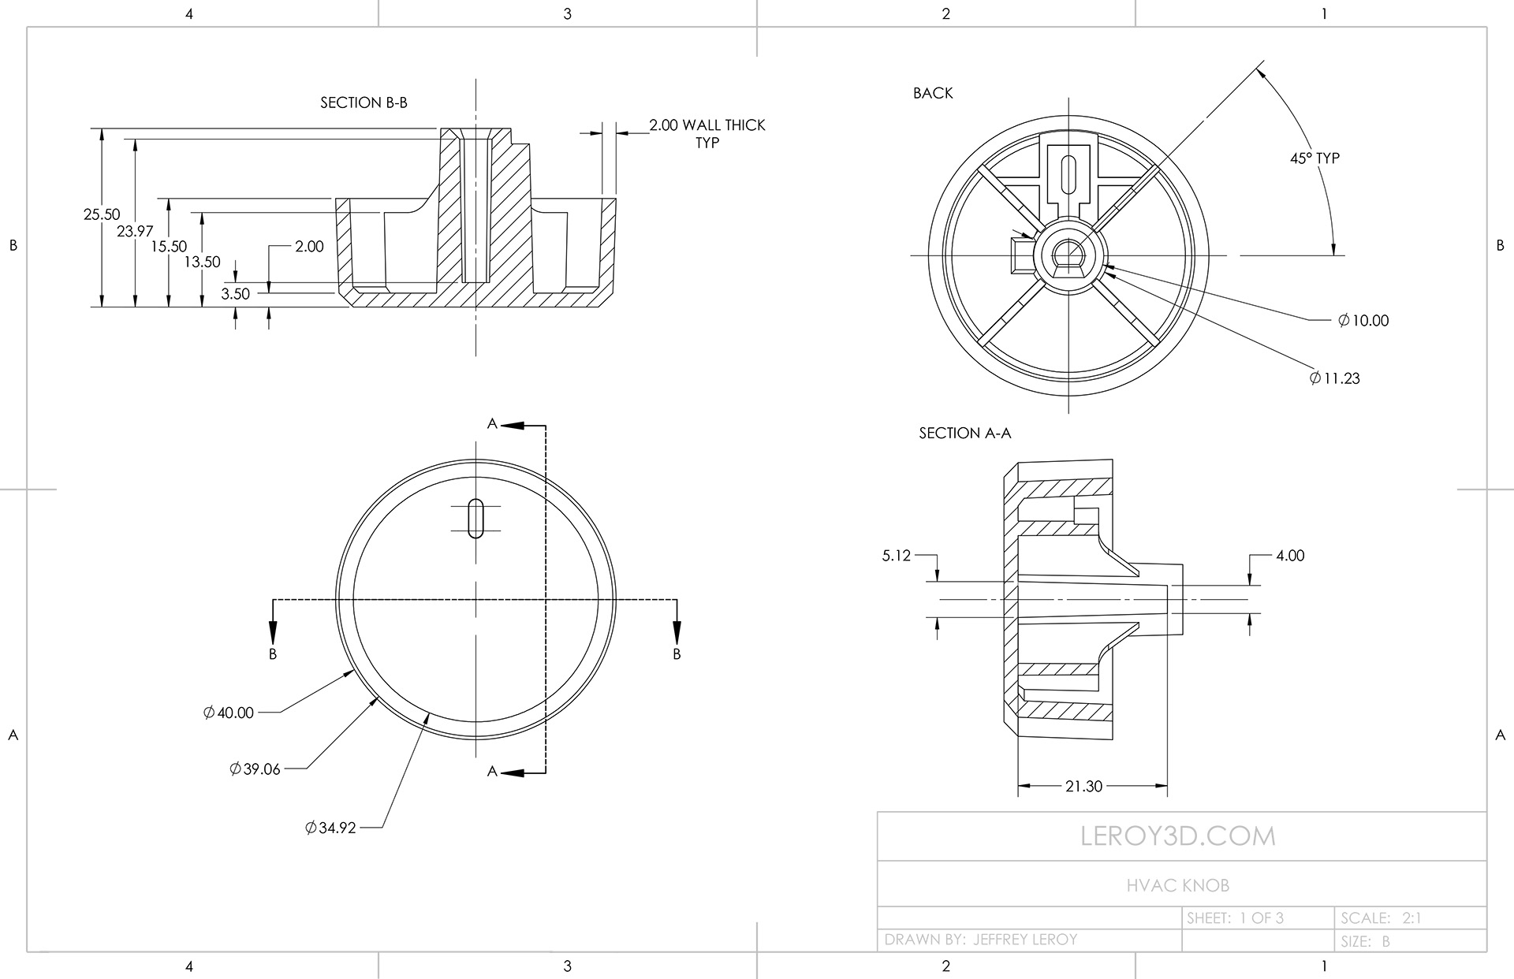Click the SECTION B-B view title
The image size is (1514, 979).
point(364,102)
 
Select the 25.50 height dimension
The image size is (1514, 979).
point(102,214)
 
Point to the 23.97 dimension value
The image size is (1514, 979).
point(135,231)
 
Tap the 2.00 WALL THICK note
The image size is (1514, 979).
point(707,125)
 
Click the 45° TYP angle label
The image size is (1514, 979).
point(1314,158)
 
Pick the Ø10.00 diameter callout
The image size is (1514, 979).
point(1363,320)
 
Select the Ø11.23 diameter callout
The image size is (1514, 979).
point(1334,378)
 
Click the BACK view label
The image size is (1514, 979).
point(933,93)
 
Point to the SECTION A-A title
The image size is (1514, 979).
point(964,433)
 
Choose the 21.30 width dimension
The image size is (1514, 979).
point(1083,786)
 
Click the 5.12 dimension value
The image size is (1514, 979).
point(896,556)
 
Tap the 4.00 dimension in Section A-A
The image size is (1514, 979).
point(1290,556)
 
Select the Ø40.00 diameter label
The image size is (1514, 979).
point(229,713)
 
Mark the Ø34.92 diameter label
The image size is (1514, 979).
point(330,828)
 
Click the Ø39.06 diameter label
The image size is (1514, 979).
point(255,769)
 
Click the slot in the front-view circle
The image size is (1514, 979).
point(475,518)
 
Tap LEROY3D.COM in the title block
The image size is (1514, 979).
point(1177,836)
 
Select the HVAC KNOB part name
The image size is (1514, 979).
point(1177,885)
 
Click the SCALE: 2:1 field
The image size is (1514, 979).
point(1380,918)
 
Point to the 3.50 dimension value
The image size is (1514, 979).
point(235,294)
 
